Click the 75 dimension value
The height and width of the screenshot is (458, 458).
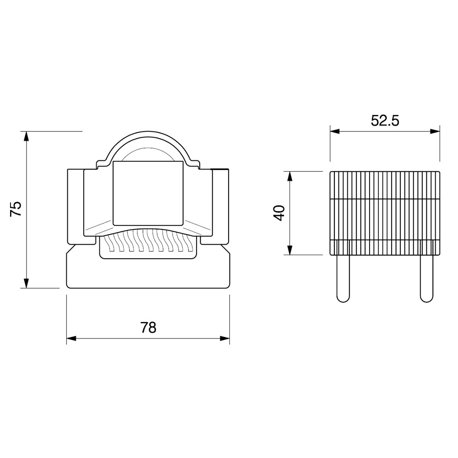click(x=16, y=208)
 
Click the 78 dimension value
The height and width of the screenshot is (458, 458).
click(x=148, y=327)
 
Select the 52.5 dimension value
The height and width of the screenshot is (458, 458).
click(x=385, y=120)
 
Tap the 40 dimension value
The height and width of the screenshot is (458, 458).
click(x=279, y=213)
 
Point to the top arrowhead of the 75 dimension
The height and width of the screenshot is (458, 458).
click(x=26, y=136)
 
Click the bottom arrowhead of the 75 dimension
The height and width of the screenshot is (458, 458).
click(x=26, y=283)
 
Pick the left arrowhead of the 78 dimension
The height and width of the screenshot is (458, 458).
click(x=71, y=338)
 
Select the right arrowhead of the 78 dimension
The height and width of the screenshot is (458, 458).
click(x=224, y=338)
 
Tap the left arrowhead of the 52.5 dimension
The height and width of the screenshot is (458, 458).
click(x=335, y=131)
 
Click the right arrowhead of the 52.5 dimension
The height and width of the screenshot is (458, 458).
click(x=435, y=131)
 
